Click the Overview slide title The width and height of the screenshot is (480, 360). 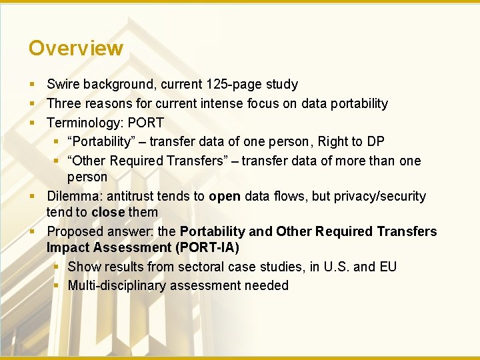[76, 48]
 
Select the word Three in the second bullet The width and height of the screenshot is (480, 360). [64, 103]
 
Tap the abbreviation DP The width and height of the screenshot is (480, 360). [376, 142]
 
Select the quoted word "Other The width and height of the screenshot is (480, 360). [87, 161]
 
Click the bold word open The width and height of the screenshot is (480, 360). [225, 196]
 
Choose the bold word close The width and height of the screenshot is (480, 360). [108, 212]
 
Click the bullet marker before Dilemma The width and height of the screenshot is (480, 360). [33, 196]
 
